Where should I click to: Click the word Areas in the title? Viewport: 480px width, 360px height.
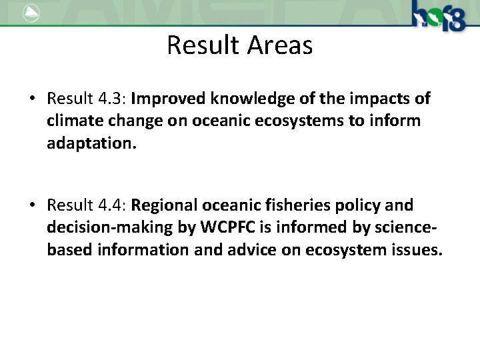click(280, 45)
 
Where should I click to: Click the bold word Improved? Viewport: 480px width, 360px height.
click(169, 99)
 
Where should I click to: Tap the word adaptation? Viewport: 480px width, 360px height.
click(91, 144)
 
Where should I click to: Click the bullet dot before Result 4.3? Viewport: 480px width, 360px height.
click(32, 99)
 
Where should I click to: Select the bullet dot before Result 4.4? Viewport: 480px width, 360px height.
click(32, 205)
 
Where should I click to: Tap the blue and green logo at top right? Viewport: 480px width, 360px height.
click(437, 15)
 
